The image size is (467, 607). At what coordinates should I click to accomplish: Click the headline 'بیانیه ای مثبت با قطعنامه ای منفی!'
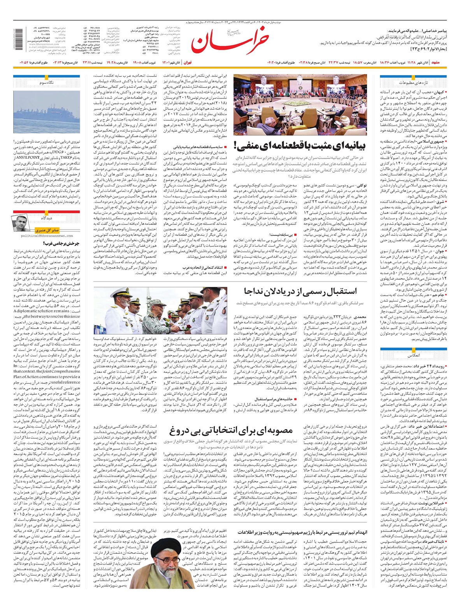(300, 146)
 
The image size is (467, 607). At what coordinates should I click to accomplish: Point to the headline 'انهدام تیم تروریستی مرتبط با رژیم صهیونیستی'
(302, 532)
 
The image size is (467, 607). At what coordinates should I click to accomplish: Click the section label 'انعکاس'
(413, 356)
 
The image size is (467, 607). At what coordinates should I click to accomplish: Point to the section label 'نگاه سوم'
(47, 83)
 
